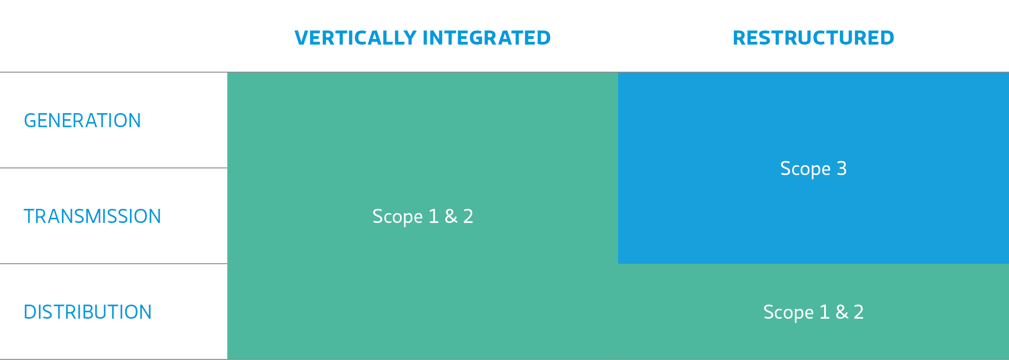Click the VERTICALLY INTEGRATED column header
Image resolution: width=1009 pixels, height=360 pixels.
pyautogui.click(x=422, y=38)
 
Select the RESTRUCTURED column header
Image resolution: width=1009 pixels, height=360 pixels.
pyautogui.click(x=813, y=38)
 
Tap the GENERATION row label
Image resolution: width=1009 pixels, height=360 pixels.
pyautogui.click(x=82, y=121)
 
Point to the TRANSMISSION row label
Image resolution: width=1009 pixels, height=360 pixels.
pyautogui.click(x=92, y=216)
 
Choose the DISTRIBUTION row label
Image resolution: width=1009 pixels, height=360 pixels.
pyautogui.click(x=88, y=312)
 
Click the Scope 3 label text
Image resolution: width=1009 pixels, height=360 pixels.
pyautogui.click(x=813, y=169)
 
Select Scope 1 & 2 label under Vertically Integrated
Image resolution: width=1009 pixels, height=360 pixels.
pyautogui.click(x=422, y=216)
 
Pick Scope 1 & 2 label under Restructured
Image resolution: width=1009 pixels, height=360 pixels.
pyautogui.click(x=813, y=312)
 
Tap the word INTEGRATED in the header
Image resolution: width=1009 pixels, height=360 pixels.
pyautogui.click(x=487, y=38)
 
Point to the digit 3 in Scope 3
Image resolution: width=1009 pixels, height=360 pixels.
pyautogui.click(x=842, y=168)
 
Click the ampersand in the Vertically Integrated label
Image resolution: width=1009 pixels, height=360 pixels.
pyautogui.click(x=451, y=216)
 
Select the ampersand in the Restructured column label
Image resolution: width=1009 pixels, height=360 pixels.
pyautogui.click(x=842, y=312)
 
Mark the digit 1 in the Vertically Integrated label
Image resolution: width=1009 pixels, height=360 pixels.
pyautogui.click(x=434, y=216)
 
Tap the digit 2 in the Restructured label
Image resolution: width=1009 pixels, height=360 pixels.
pyautogui.click(x=859, y=312)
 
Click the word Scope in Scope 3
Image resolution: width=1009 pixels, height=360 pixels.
pyautogui.click(x=805, y=169)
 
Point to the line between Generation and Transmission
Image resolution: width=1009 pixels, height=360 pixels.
pyautogui.click(x=114, y=168)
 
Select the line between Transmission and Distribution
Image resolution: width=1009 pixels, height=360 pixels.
pyautogui.click(x=114, y=263)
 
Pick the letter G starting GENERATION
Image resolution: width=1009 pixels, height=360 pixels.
pyautogui.click(x=31, y=121)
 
